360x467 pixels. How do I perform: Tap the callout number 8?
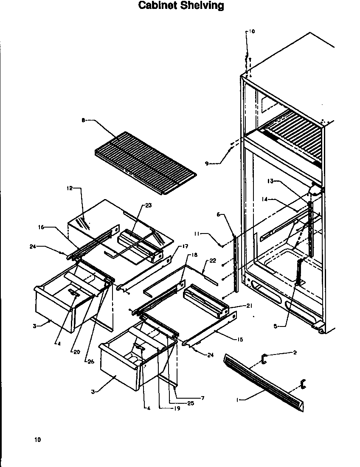[83, 121]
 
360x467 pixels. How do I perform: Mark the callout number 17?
[185, 246]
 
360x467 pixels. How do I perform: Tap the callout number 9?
[207, 163]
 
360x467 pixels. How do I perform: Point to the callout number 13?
[270, 181]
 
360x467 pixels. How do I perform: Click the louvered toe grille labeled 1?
[263, 383]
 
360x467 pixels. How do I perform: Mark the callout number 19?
[177, 408]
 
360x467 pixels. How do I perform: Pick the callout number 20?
[76, 352]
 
